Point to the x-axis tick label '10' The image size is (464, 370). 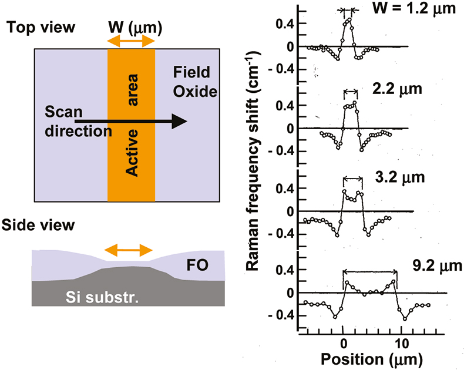coord(400,341)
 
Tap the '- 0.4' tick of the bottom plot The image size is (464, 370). coord(282,315)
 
